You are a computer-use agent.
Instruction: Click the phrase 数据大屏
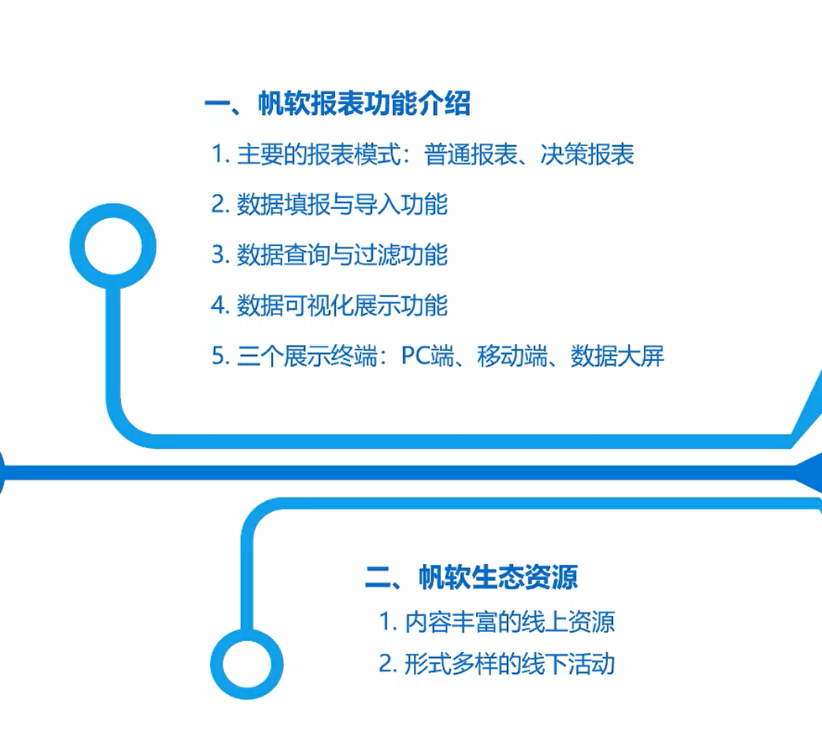click(617, 356)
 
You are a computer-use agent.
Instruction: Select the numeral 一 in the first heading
click(217, 104)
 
